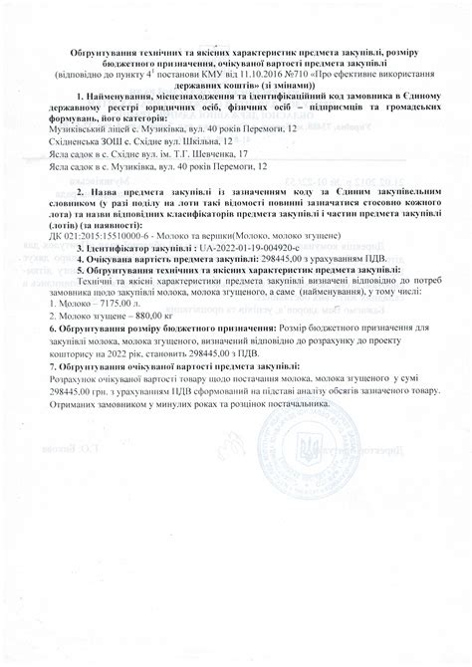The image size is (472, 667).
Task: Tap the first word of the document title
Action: click(107, 50)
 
